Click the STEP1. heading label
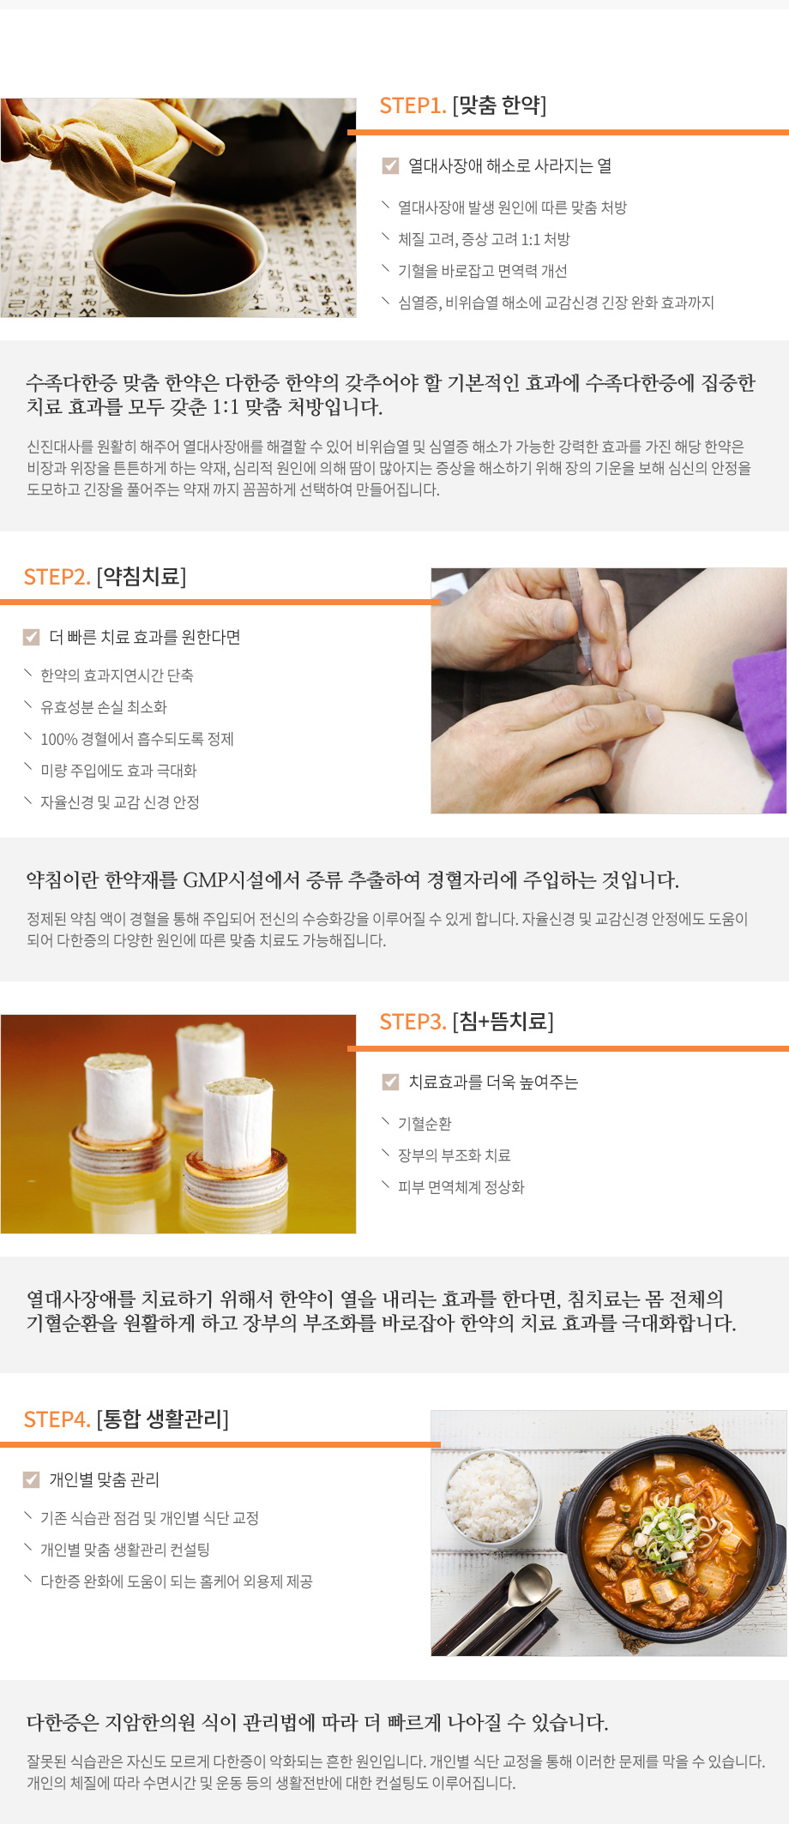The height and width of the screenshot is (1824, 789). click(413, 105)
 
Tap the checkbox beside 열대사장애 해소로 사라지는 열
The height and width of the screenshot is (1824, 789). click(390, 165)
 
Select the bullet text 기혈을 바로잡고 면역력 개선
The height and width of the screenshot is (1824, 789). click(482, 271)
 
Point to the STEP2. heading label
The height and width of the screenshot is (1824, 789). click(57, 577)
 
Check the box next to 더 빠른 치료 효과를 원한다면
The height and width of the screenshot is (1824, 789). click(32, 637)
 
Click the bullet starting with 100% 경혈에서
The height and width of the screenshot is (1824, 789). click(136, 739)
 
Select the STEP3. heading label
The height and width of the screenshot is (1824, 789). click(413, 1022)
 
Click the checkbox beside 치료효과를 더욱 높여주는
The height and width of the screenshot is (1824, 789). click(390, 1082)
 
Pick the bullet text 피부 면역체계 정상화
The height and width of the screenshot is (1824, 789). click(461, 1187)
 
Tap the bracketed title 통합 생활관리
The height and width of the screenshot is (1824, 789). click(163, 1419)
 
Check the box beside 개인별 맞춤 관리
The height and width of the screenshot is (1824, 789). click(32, 1479)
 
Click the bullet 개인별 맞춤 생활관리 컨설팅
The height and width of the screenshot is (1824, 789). click(124, 1550)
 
